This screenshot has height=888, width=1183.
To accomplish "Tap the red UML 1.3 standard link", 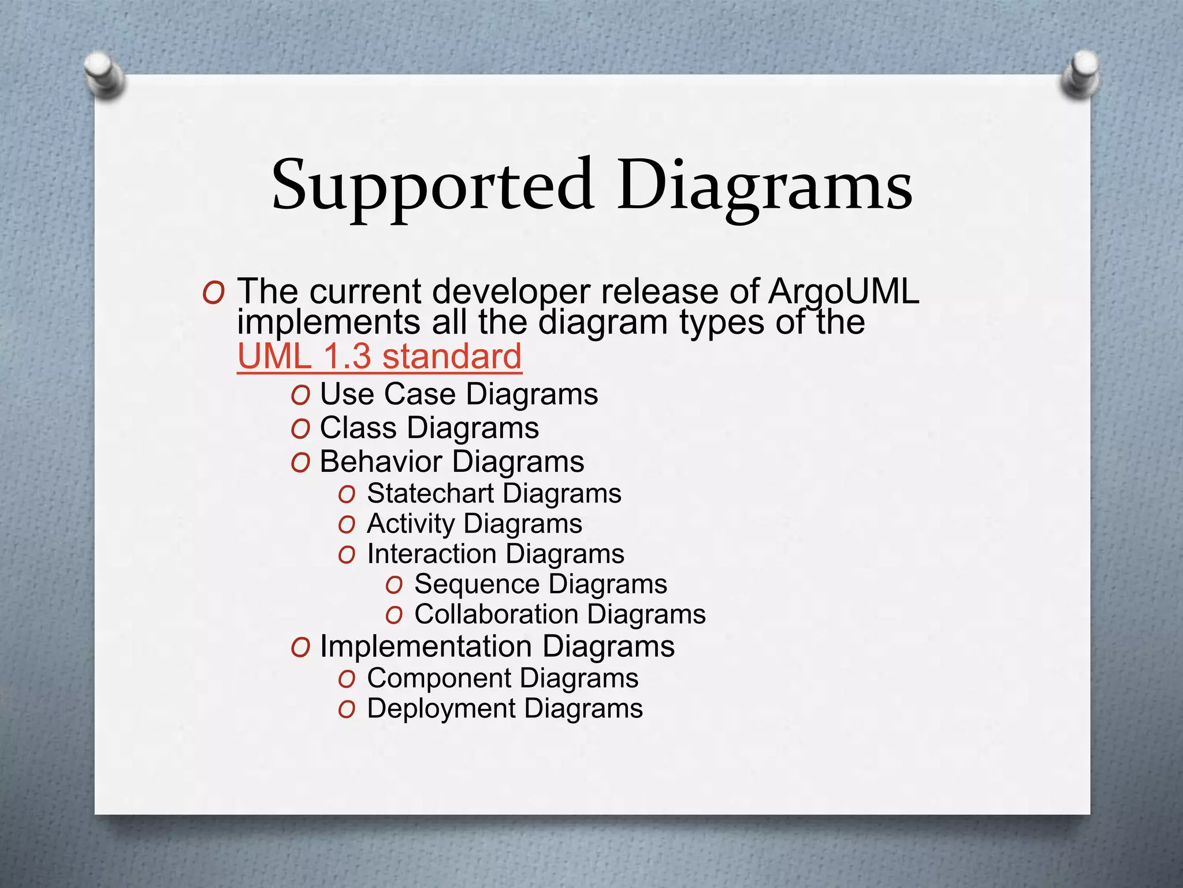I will click(x=380, y=356).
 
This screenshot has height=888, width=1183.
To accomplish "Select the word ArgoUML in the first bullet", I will click(x=843, y=291).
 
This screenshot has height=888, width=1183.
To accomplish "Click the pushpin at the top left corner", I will click(x=103, y=75).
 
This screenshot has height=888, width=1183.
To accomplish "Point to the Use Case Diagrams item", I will click(x=459, y=394).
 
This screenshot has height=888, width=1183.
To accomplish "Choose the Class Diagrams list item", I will click(x=429, y=428).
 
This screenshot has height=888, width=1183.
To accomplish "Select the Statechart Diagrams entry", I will click(x=494, y=493).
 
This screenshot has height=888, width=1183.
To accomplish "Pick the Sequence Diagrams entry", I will click(x=540, y=584).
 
